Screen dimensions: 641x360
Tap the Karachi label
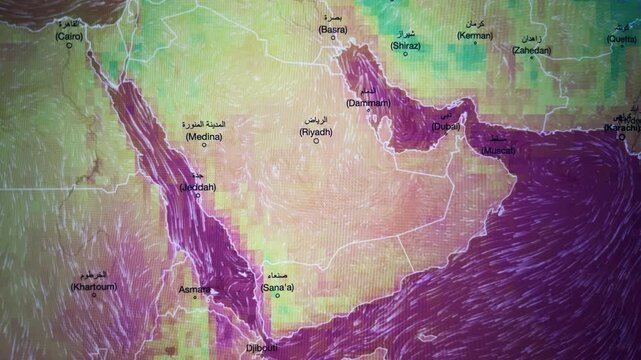[623, 129]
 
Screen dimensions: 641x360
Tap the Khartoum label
[92, 286]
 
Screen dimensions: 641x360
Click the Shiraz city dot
[405, 54]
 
